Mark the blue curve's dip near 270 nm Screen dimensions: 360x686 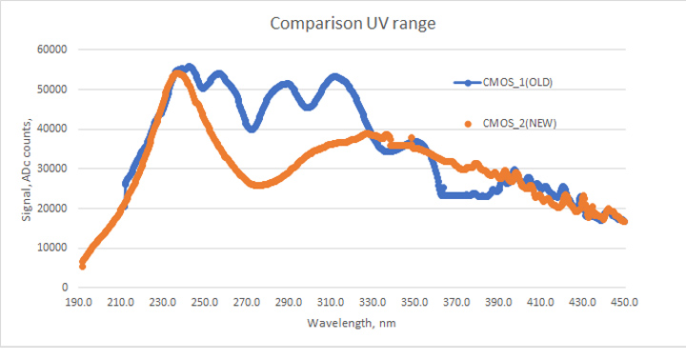pyautogui.click(x=252, y=128)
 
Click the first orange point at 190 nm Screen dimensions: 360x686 pyautogui.click(x=82, y=266)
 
